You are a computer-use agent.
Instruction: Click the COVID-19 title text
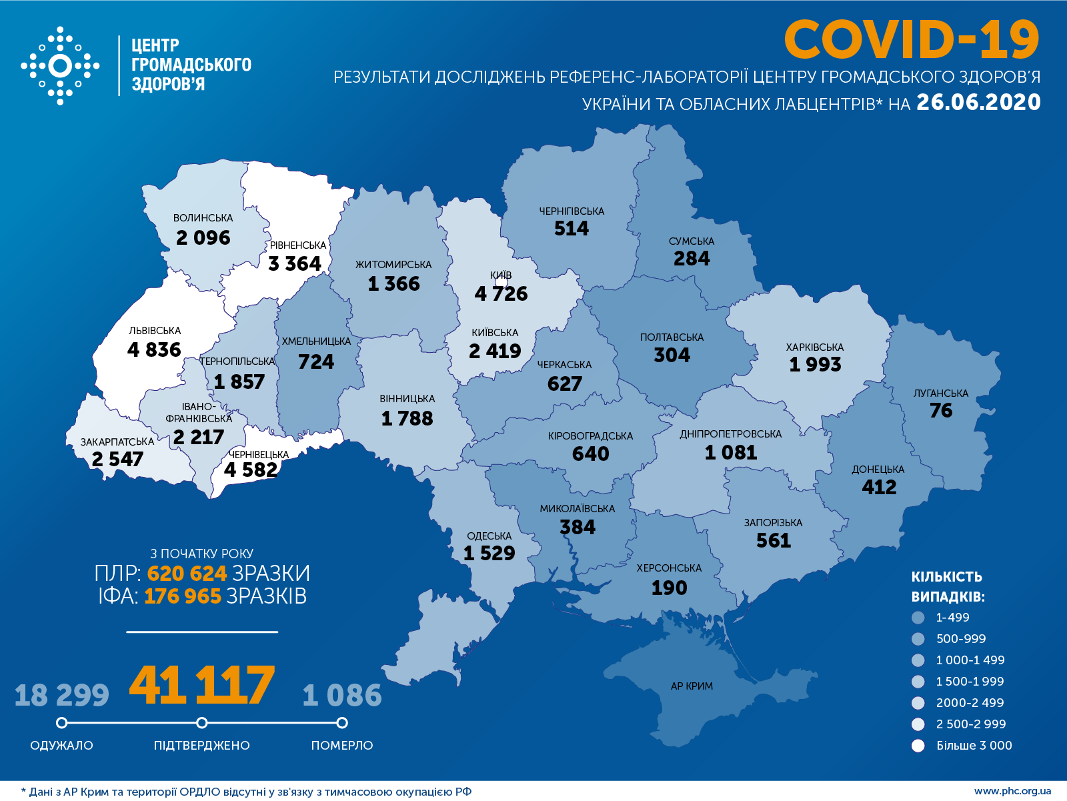(911, 40)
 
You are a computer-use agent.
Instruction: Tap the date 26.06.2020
(978, 102)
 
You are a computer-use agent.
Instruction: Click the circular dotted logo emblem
(60, 66)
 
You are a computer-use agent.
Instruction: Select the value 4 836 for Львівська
(154, 349)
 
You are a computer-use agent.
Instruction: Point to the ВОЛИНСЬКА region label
(203, 218)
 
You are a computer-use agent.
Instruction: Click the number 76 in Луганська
(941, 411)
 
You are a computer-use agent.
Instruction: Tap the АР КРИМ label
(692, 686)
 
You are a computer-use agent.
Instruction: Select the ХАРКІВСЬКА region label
(814, 347)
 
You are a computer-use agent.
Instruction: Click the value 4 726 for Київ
(501, 293)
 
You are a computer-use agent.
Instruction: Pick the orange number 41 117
(201, 686)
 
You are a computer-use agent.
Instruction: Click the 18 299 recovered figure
(61, 696)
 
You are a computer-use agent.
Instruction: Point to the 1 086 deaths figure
(342, 696)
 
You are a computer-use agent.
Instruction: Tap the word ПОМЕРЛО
(342, 745)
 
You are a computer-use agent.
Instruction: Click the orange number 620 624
(187, 574)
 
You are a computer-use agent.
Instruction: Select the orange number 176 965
(182, 596)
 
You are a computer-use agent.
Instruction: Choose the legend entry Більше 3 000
(974, 746)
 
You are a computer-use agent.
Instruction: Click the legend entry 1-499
(952, 618)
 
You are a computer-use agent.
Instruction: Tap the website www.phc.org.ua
(1012, 792)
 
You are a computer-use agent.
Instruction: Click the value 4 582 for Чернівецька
(251, 470)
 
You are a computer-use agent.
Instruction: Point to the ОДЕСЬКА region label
(489, 536)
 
